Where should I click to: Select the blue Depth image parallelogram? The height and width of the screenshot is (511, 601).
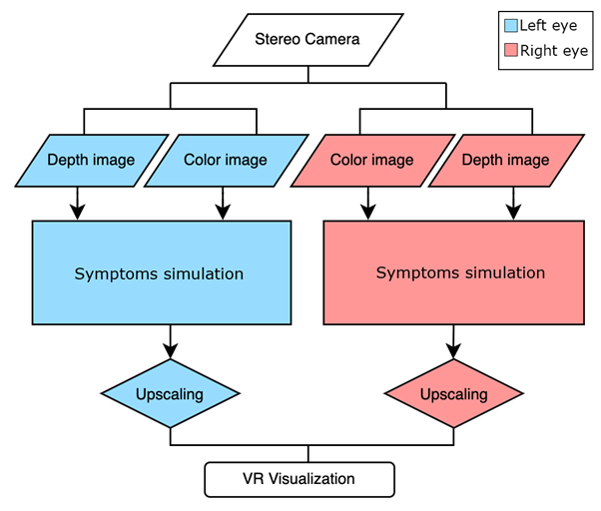click(91, 160)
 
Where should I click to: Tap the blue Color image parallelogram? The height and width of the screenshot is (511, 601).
click(226, 160)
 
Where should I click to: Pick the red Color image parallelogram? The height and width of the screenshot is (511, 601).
click(371, 160)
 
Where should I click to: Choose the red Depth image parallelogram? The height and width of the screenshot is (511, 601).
click(505, 160)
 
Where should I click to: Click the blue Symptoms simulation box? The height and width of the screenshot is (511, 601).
click(162, 272)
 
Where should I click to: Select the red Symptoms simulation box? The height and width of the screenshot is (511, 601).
click(454, 272)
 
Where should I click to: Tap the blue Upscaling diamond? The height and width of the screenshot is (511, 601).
click(170, 394)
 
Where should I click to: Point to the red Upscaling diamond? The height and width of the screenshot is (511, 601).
click(453, 394)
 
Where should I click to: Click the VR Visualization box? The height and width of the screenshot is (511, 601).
click(300, 479)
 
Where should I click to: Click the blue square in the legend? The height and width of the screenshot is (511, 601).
click(512, 25)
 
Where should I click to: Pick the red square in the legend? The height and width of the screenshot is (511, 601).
click(512, 51)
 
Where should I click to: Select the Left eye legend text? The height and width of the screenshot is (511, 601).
click(547, 25)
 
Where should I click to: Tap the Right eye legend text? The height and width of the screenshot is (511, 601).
click(553, 51)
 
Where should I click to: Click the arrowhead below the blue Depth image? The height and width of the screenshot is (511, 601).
click(77, 212)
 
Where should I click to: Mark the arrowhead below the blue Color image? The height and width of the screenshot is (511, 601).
click(224, 212)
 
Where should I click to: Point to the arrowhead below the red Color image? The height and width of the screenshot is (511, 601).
click(369, 212)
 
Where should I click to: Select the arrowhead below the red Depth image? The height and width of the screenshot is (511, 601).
click(513, 212)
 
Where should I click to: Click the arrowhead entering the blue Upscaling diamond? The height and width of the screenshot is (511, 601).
click(170, 350)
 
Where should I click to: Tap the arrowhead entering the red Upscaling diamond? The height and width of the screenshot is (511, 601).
click(453, 350)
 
